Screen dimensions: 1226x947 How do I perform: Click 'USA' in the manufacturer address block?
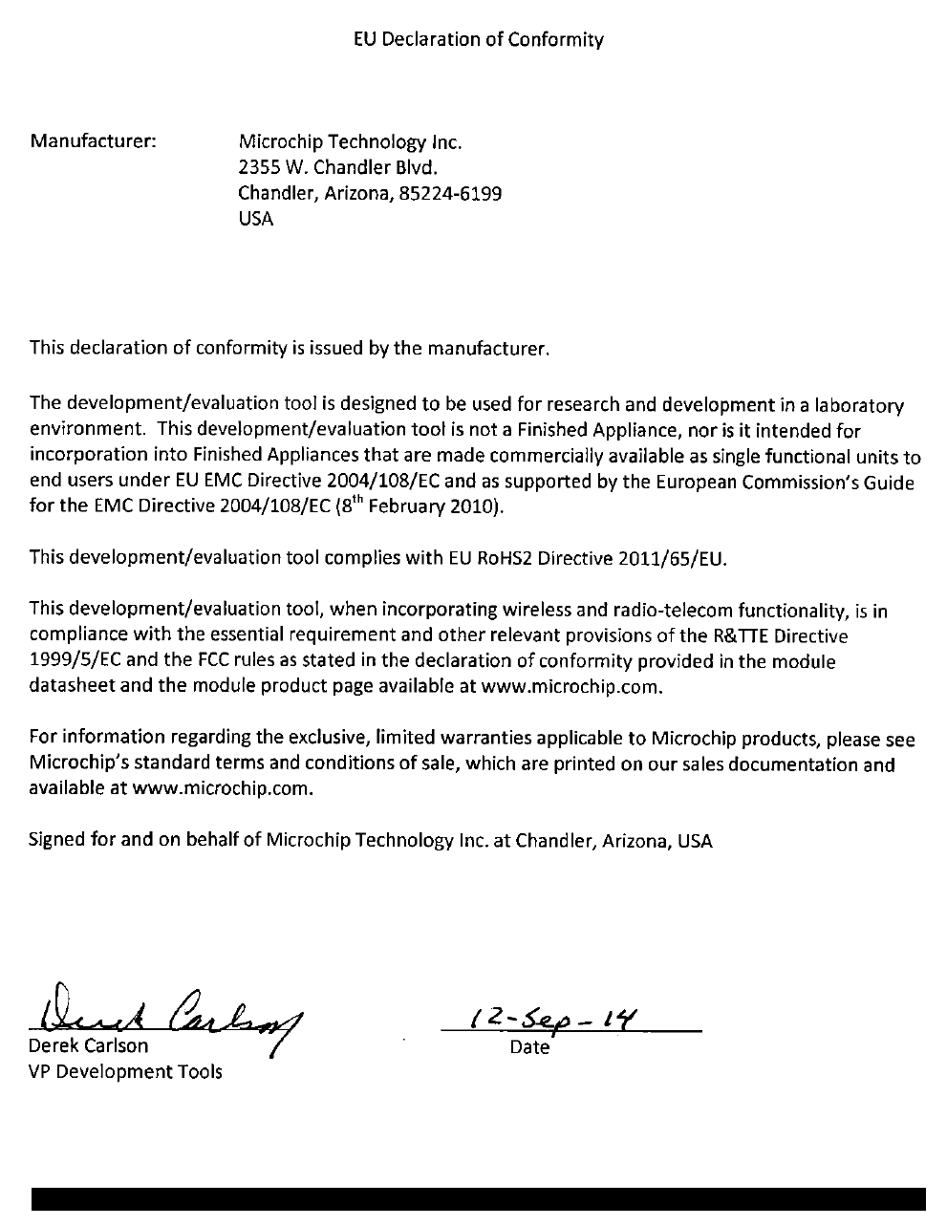(x=255, y=219)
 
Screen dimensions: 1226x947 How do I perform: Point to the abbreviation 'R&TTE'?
(x=741, y=635)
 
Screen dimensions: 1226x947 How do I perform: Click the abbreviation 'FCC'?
(x=216, y=661)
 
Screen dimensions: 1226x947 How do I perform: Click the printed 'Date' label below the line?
(x=529, y=1047)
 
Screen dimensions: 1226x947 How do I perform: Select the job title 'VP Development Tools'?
(x=125, y=1071)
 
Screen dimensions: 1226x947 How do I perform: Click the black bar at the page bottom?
(x=478, y=1200)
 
